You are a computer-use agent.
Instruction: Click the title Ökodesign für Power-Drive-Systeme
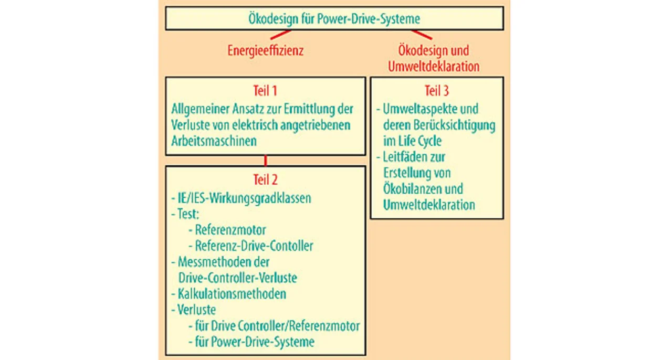click(334, 18)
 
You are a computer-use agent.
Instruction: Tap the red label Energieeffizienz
click(266, 50)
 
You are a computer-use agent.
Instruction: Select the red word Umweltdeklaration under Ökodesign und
click(434, 66)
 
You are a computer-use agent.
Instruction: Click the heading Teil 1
click(265, 91)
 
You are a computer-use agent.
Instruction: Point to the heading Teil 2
click(266, 179)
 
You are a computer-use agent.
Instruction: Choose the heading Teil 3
click(437, 91)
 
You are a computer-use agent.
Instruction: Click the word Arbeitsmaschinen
click(214, 141)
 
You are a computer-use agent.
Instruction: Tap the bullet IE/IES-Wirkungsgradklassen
click(245, 198)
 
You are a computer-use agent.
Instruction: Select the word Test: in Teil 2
click(188, 214)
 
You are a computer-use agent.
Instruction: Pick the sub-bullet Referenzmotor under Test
click(230, 230)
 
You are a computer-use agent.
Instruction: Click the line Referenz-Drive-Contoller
click(254, 246)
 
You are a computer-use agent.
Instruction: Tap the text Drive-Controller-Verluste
click(238, 278)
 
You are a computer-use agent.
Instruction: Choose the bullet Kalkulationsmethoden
click(232, 294)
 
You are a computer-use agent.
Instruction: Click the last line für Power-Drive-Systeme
click(255, 342)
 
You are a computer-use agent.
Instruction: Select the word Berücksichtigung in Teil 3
click(454, 125)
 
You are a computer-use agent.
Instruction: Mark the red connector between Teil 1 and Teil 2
click(266, 161)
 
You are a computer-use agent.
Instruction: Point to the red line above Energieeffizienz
click(280, 35)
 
